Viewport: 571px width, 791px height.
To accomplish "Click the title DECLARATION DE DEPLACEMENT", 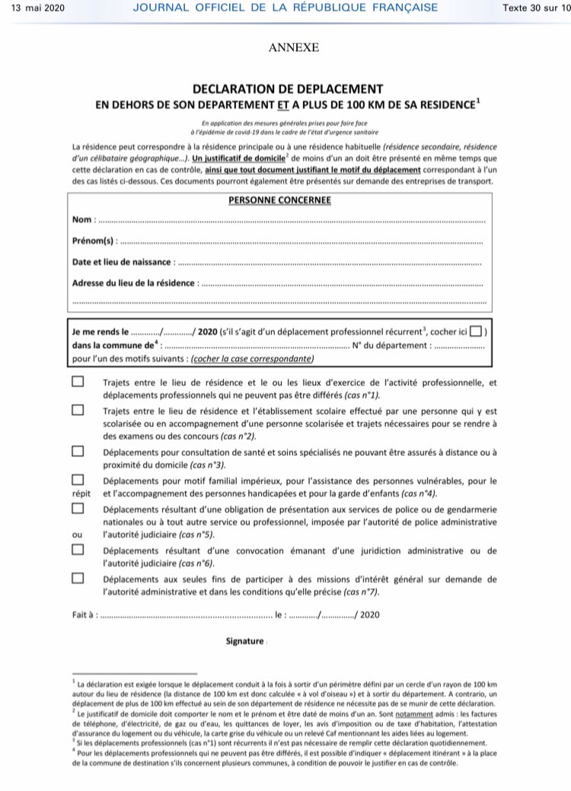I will coord(288,88).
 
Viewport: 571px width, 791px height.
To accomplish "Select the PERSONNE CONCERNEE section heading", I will coord(279,200).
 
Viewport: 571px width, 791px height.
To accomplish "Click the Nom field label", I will coord(83,220).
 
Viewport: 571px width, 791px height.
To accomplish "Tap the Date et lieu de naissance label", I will coord(123,262).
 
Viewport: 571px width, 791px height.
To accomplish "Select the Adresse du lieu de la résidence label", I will coord(134,283).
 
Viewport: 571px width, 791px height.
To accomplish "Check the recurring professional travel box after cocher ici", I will coord(476,332).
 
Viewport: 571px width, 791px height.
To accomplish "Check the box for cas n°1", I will coord(78,382).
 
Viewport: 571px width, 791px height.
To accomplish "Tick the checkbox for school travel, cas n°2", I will coord(78,410).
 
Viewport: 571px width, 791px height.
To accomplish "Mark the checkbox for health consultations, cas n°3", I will coord(78,451).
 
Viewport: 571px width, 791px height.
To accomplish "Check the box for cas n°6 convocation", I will coord(78,550).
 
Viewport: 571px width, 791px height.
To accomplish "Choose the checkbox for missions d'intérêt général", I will coord(78,578).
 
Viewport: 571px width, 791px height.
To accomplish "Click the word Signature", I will coord(245,642).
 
